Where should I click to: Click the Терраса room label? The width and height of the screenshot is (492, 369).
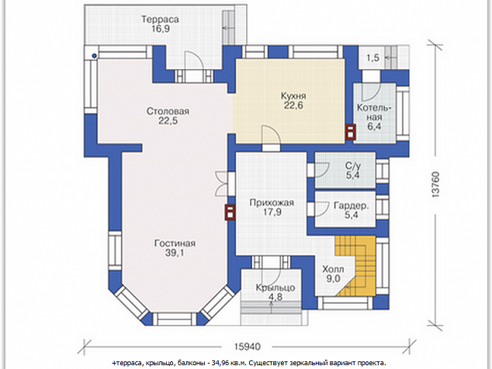coord(160,19)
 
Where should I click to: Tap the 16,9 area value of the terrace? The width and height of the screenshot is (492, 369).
coord(160,29)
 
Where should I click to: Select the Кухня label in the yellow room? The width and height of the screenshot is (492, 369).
coord(293,95)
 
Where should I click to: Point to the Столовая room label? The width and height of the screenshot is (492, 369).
coord(168,112)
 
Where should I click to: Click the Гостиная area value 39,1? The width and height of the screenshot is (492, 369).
coord(175,253)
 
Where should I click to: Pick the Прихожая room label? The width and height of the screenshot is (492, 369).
coord(272,202)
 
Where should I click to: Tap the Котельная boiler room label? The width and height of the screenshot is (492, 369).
coord(374,112)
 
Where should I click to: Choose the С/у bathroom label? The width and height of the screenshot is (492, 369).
coord(353,166)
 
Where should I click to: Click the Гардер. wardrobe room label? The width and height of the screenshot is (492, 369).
coord(351,206)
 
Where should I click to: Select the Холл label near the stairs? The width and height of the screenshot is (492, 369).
coord(333,269)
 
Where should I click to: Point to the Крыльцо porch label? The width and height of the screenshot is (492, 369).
coord(275,288)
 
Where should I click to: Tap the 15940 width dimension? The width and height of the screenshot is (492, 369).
coord(248,347)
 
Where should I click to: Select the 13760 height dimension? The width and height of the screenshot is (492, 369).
coord(435,184)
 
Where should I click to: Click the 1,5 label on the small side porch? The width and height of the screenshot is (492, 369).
coord(373,57)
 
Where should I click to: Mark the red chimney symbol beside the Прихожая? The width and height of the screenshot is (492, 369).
coord(230,212)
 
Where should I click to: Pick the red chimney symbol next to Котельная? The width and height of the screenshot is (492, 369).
coord(350,132)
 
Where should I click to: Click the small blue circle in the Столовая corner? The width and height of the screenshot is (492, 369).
coord(94,56)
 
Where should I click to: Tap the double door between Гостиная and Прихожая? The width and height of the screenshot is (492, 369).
coord(221,184)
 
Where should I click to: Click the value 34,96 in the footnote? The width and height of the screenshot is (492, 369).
coord(221,363)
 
